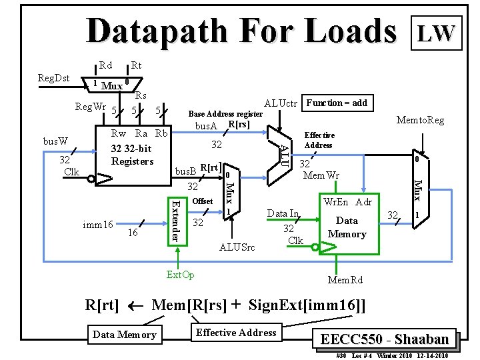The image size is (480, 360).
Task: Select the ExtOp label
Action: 180,275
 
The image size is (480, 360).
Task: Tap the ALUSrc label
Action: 237,247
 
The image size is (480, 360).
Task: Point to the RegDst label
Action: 54,78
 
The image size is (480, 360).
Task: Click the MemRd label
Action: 345,280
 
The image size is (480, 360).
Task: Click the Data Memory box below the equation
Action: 125,335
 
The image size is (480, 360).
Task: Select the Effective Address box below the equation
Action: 236,333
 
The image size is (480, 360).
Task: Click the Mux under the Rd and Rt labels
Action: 111,85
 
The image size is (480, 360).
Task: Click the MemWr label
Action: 321,176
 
